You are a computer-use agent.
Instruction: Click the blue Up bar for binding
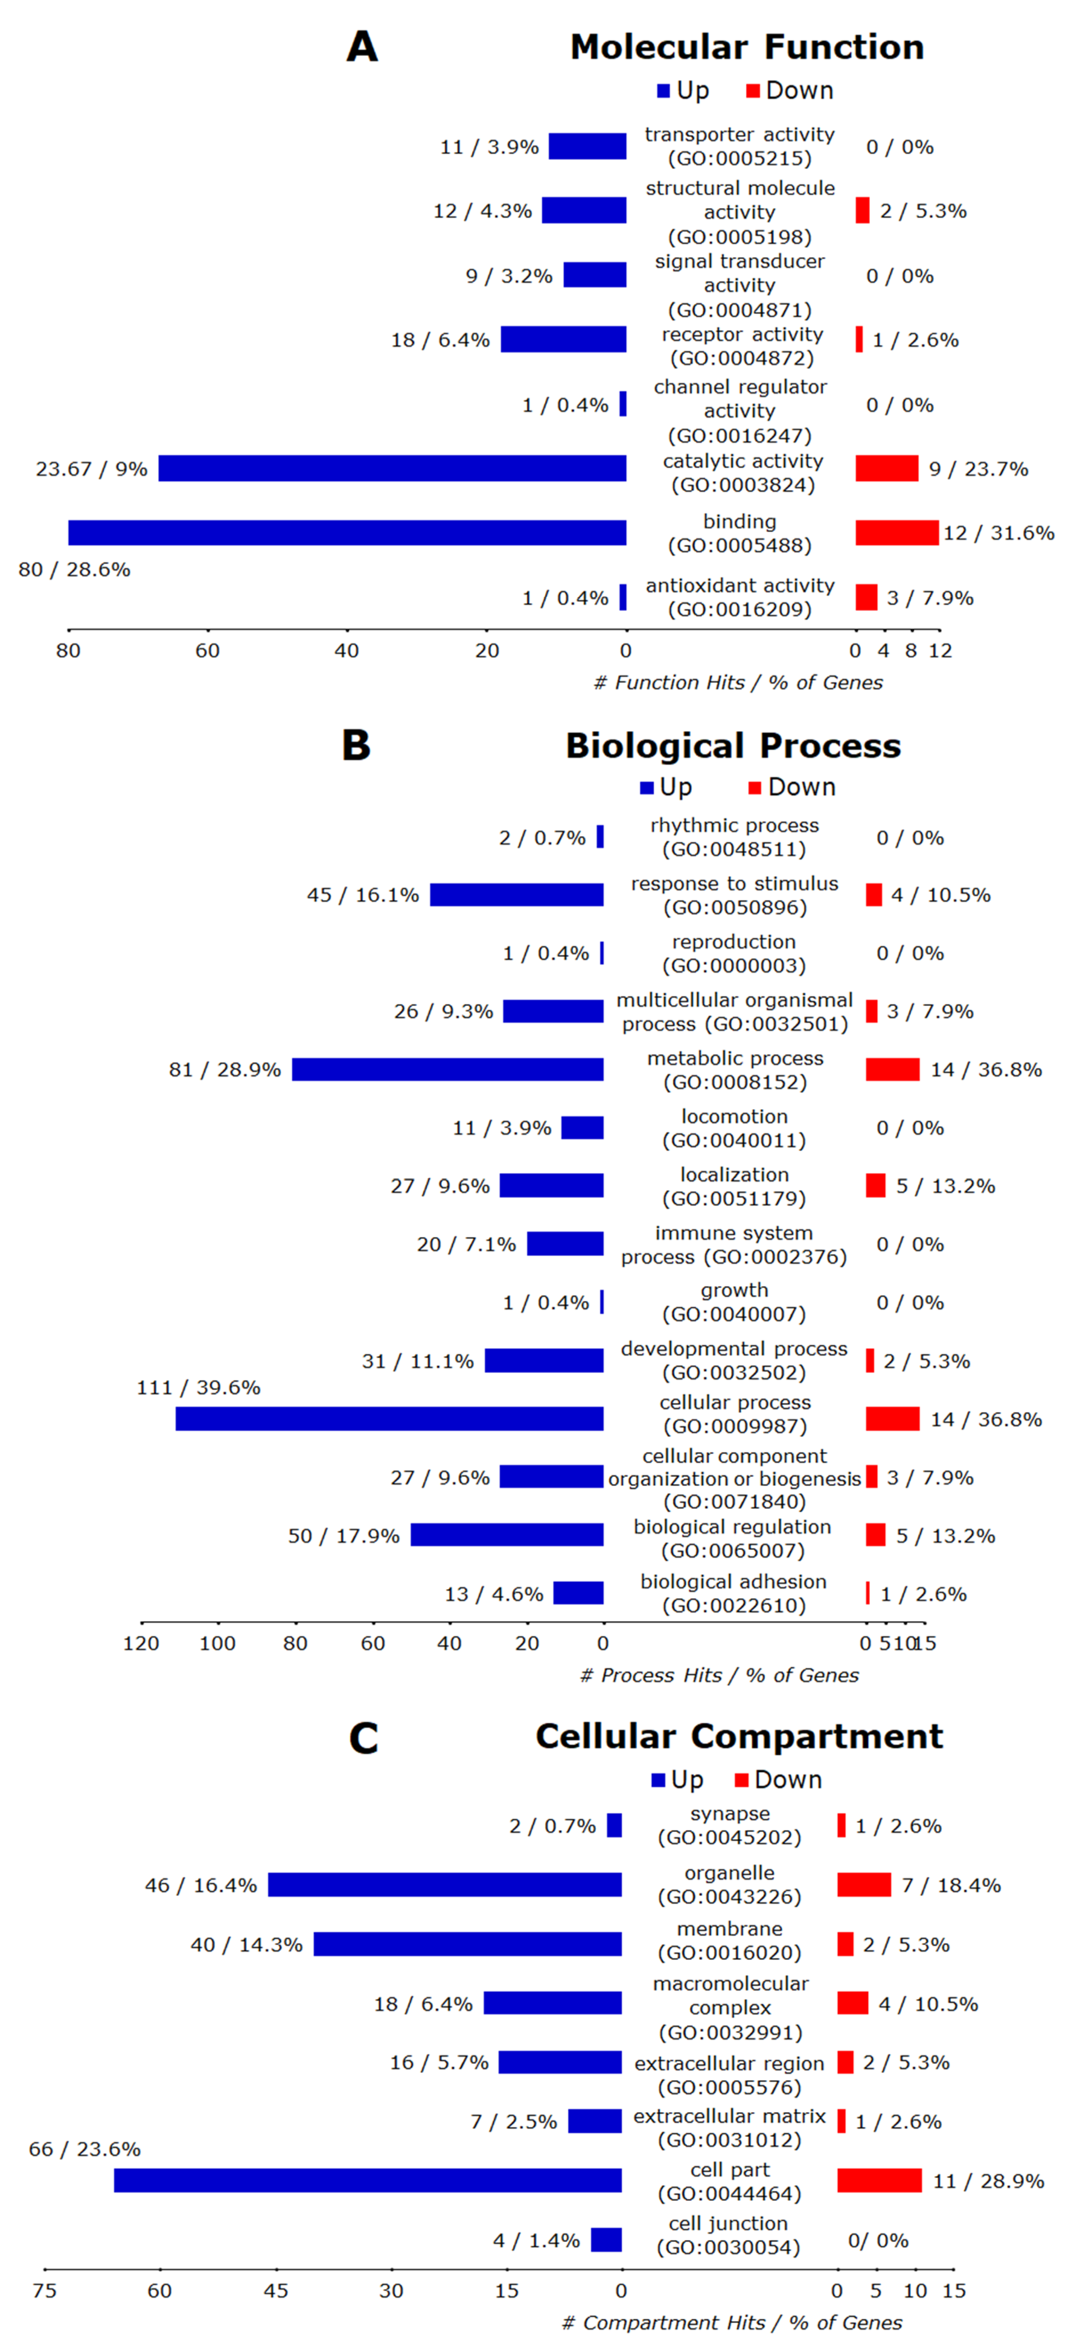(347, 533)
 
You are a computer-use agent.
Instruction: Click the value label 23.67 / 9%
(91, 469)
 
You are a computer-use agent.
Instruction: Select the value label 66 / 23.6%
(85, 2149)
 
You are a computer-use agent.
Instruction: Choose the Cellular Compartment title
(739, 1736)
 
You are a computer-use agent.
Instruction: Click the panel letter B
(356, 745)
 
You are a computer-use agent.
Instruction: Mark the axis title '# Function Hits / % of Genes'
(738, 682)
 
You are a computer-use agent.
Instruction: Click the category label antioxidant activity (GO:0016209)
(740, 598)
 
